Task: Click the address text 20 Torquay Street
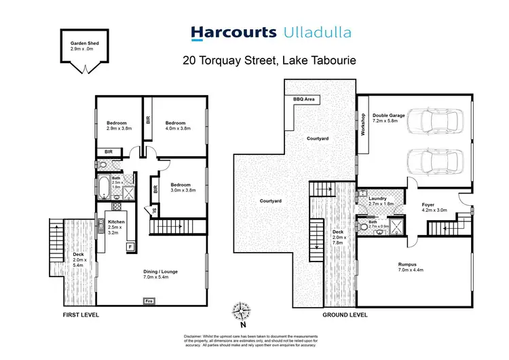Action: tap(231, 60)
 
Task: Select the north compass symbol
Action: tap(242, 312)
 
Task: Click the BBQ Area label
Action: tap(303, 99)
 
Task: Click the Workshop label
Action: tap(363, 124)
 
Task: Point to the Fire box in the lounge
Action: tap(148, 300)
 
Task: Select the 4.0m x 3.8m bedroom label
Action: tap(177, 126)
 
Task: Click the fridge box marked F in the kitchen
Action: tap(129, 247)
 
